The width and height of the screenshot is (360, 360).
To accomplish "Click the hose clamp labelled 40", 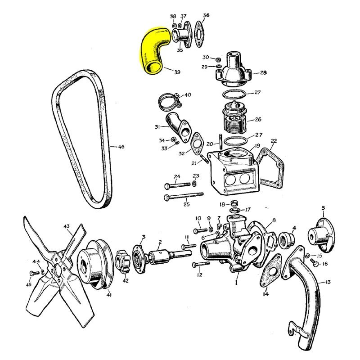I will tap(169, 100).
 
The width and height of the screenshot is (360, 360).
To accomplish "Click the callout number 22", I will tap(274, 141).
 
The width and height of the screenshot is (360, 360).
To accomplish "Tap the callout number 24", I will tap(177, 176).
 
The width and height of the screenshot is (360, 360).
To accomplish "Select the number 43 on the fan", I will tap(67, 226).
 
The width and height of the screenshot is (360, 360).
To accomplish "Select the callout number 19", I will tap(256, 146).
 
